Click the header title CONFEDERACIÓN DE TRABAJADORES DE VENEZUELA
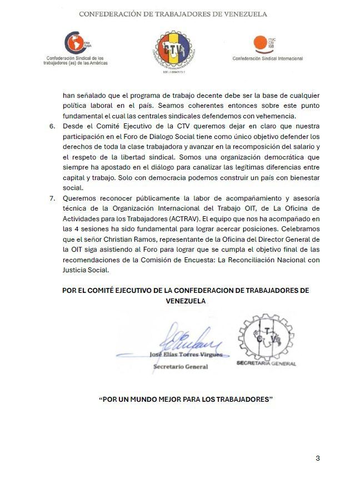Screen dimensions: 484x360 click(173, 14)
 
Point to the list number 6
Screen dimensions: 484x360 click(53, 126)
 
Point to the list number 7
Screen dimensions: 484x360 click(53, 198)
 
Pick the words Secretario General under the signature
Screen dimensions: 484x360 click(181, 367)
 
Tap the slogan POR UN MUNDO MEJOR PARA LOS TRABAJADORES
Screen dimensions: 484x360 click(186, 400)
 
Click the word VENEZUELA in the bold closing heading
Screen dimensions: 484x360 click(186, 301)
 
